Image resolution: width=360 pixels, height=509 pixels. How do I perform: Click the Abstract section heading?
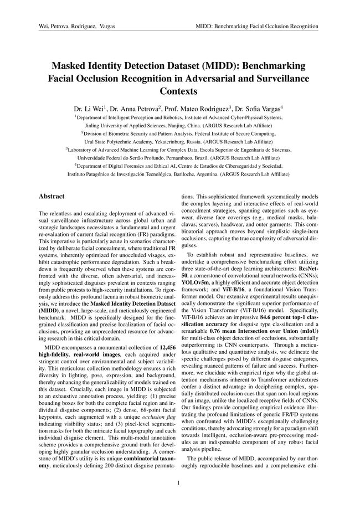click(52, 196)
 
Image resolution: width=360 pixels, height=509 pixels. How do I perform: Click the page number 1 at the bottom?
click(179, 483)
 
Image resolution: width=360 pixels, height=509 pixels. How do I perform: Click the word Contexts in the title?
click(179, 90)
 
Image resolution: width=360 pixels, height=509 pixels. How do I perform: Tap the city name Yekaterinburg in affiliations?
click(145, 141)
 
